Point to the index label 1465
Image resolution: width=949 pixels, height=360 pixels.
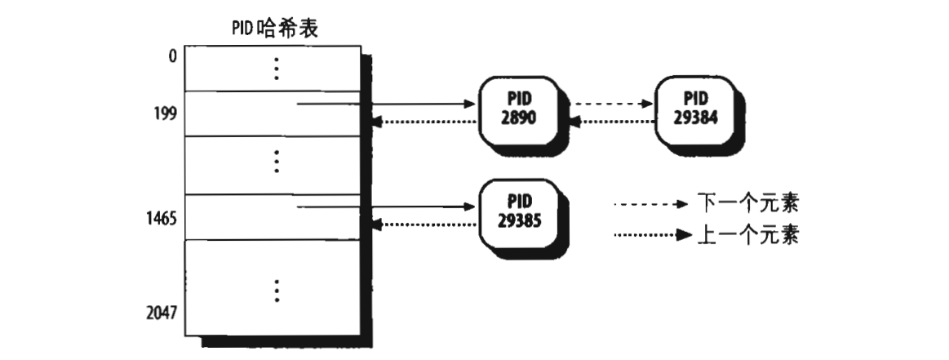click(x=163, y=220)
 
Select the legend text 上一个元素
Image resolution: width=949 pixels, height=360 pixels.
click(x=747, y=236)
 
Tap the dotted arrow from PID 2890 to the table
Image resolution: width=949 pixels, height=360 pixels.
click(x=424, y=123)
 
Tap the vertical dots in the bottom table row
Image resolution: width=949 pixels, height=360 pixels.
click(x=277, y=290)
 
